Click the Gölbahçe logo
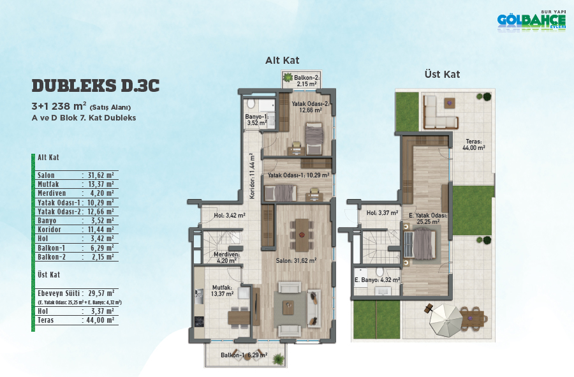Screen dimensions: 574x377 531,21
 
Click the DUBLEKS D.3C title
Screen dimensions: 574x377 96,86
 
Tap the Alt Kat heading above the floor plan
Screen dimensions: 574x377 283,61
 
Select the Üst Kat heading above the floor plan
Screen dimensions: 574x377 442,74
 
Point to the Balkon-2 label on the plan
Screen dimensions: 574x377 307,80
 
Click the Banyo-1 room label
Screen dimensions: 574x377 257,120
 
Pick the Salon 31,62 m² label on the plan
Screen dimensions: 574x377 296,261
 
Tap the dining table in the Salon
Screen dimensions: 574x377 302,235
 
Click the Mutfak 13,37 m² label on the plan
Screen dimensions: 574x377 222,291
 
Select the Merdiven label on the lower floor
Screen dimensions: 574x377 226,258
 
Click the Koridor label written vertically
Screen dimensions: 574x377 252,176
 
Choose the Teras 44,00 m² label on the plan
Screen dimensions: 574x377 474,145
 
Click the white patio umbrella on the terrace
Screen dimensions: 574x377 445,321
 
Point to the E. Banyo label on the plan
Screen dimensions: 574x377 377,280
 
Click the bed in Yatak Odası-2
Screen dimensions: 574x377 314,138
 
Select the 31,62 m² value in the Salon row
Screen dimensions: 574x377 101,175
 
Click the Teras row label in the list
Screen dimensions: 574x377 46,320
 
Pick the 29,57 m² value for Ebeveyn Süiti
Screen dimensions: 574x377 101,293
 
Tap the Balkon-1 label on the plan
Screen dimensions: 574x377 244,355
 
